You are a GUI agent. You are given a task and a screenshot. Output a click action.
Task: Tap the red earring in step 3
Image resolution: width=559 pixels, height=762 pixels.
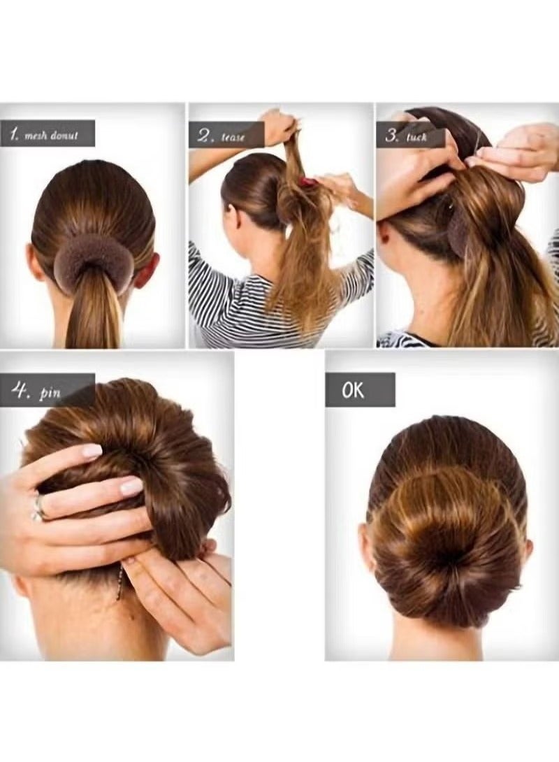385,238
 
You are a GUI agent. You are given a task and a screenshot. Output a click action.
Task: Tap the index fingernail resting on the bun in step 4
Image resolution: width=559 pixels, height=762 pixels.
92,451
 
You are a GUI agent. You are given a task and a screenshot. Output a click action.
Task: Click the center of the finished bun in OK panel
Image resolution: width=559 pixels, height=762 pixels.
447,552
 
